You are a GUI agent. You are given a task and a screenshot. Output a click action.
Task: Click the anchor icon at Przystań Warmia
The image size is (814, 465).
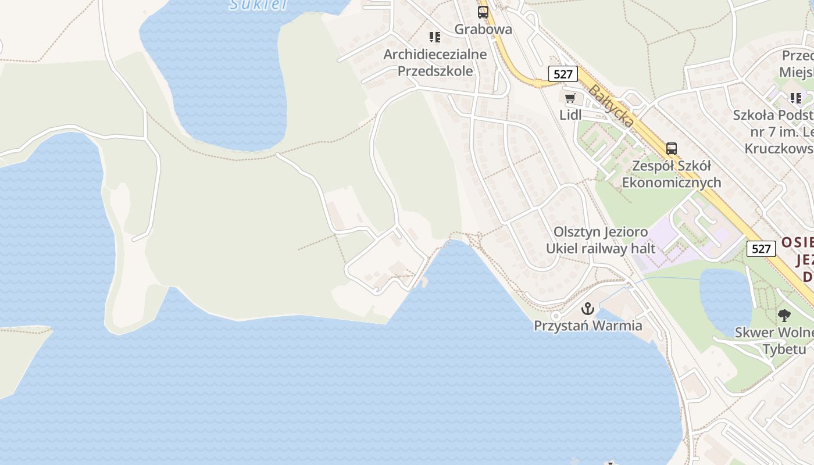[x=588, y=308]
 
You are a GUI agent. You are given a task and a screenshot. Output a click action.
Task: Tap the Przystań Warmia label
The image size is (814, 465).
[x=588, y=325]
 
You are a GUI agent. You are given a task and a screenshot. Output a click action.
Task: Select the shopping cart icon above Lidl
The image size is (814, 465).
[x=570, y=98]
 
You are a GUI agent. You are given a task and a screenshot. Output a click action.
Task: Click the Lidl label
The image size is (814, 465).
[x=570, y=115]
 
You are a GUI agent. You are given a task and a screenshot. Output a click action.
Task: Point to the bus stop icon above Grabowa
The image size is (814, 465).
[x=483, y=12]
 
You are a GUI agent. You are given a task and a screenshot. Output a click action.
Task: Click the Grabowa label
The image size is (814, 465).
[x=483, y=29]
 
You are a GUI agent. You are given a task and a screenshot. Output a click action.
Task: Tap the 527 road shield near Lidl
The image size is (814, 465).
[x=563, y=74]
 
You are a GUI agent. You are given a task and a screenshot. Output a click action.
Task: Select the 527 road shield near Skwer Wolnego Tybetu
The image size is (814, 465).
[x=761, y=249]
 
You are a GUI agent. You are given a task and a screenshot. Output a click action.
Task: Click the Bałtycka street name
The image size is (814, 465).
[x=610, y=106]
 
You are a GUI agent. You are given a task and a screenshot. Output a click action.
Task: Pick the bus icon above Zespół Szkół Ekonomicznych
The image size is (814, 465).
[x=672, y=148]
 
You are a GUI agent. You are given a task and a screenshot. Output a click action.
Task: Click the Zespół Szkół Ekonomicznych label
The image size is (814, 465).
[x=672, y=174]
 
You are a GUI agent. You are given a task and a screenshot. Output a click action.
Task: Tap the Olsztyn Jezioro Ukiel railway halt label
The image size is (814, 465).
[x=601, y=240]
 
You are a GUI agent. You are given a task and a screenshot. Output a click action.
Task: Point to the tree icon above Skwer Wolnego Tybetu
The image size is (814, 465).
[x=784, y=316]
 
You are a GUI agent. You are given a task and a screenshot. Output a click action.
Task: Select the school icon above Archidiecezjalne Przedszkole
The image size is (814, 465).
[x=435, y=37]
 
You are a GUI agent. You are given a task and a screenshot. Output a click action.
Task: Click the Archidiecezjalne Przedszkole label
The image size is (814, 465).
[x=435, y=63]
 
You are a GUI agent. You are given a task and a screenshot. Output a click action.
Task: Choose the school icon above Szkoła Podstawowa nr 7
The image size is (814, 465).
[x=795, y=98]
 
